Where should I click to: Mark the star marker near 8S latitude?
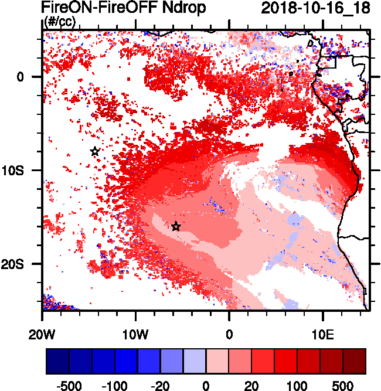click(x=95, y=151)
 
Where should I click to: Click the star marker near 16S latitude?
click(x=176, y=226)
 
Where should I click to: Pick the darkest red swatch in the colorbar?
click(x=355, y=361)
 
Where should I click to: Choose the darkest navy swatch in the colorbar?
click(x=57, y=361)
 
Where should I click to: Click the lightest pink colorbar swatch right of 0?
click(x=217, y=361)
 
